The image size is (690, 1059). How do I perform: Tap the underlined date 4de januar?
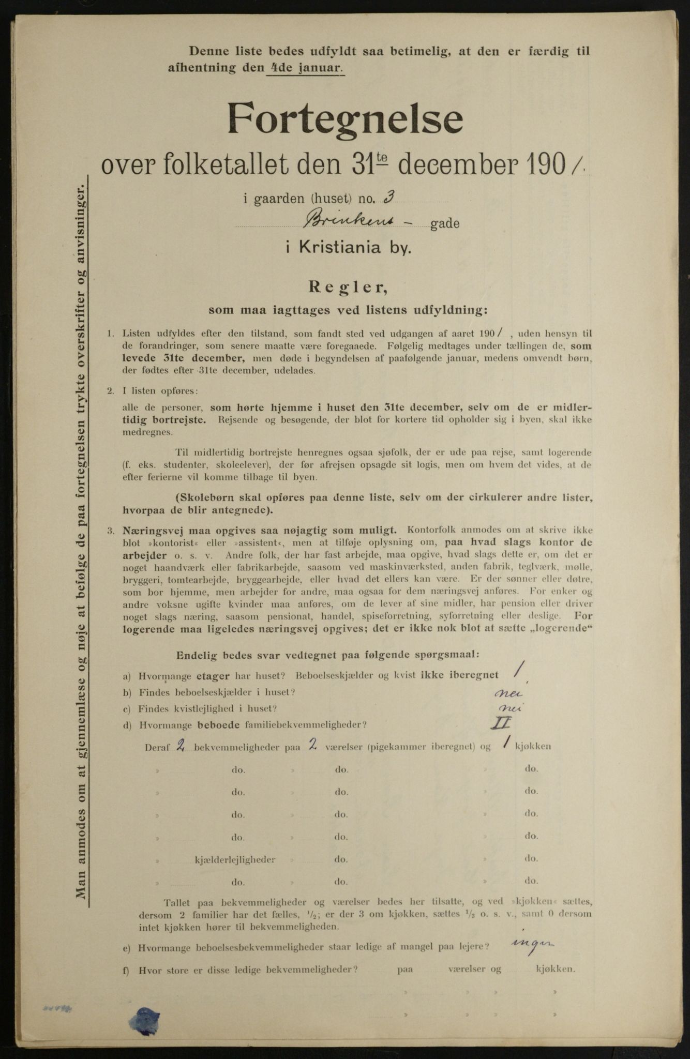coord(306,68)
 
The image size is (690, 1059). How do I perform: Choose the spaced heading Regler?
coord(347,286)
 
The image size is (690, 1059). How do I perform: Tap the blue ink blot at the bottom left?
coord(145,1018)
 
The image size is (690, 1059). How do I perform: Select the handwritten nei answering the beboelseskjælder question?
coord(507,693)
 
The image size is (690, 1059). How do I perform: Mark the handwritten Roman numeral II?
coord(501,723)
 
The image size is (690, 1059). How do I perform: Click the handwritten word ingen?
coord(531,945)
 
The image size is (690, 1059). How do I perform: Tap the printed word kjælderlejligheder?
coord(235,859)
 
